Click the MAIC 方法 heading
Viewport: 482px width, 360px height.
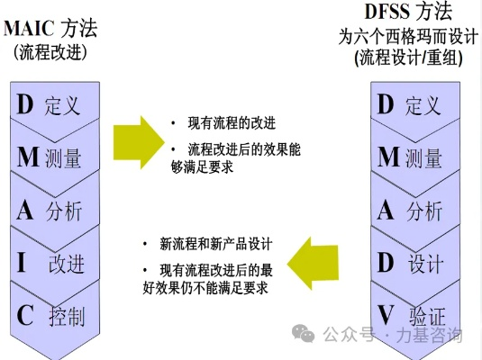(50, 28)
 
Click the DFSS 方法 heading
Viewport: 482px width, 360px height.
(408, 12)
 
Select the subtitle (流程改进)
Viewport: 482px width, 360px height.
(50, 52)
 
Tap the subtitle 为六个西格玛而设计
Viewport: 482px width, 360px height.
(408, 37)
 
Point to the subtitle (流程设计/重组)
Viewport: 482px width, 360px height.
(408, 57)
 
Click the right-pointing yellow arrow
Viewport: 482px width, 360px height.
(139, 142)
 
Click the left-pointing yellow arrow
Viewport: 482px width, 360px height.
(313, 264)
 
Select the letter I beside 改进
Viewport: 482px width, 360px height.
(22, 263)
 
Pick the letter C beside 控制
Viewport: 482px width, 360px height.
(25, 316)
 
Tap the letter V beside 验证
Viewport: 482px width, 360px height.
(386, 316)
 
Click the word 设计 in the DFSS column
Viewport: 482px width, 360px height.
(425, 264)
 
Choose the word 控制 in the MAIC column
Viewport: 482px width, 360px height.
(67, 317)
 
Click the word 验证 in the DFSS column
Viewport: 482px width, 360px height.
(427, 317)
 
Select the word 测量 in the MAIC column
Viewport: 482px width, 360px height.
(63, 158)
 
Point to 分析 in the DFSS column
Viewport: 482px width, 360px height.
(424, 211)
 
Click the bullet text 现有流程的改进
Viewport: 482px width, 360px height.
(232, 123)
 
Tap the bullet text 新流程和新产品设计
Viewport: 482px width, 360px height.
(216, 245)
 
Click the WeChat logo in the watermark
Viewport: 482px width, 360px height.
(303, 333)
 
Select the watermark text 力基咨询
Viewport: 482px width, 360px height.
(430, 335)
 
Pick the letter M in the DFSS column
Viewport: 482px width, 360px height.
(388, 157)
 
